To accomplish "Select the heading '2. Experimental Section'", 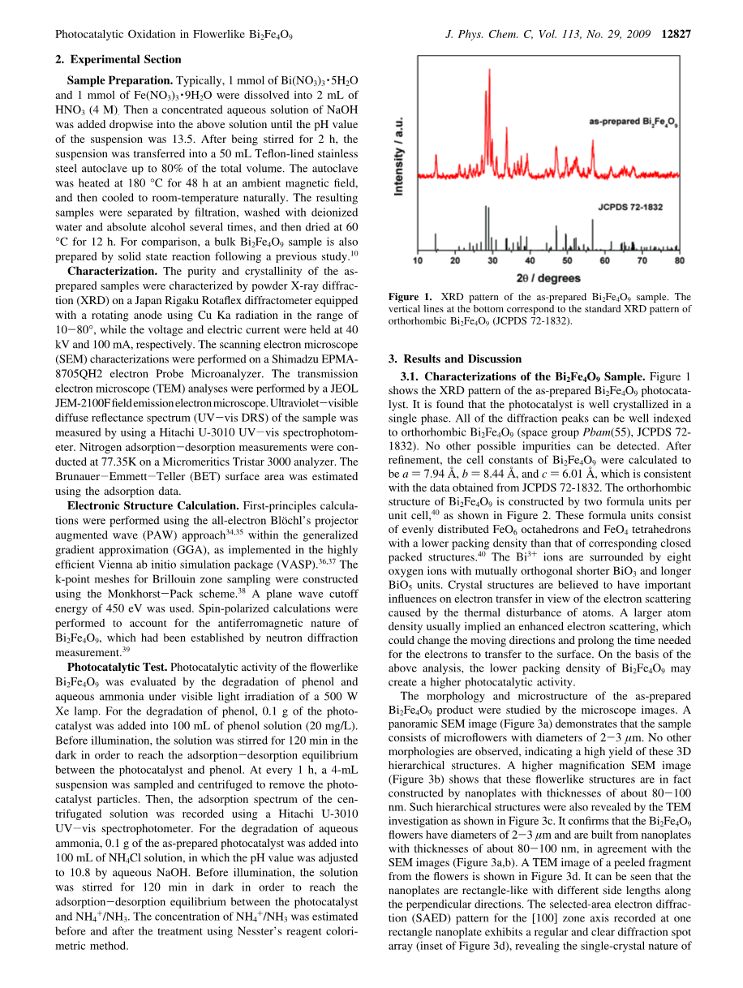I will click(x=118, y=59).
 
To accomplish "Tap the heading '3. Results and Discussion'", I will click(x=455, y=359).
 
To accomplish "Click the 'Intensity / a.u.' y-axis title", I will click(x=399, y=154).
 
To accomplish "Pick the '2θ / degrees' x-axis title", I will click(x=549, y=278).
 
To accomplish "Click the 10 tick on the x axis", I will click(x=418, y=261).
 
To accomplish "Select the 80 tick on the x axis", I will click(x=680, y=261).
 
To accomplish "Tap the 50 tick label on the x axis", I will click(x=567, y=261).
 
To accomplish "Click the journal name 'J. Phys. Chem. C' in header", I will click(x=485, y=35).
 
